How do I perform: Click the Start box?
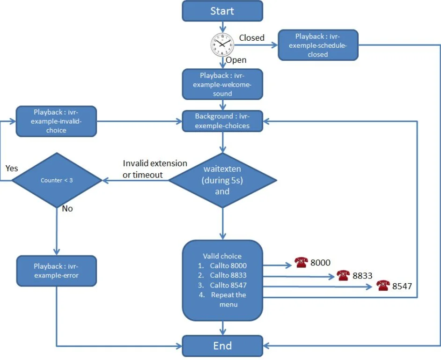pos(222,11)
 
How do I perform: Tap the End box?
pos(222,346)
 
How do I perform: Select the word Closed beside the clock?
pos(252,38)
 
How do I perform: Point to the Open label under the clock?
pos(236,60)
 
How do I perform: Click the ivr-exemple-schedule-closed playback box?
pos(318,45)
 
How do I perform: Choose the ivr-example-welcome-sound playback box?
pos(222,84)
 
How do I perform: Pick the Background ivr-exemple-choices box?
pos(222,121)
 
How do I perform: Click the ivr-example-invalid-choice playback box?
pos(56,121)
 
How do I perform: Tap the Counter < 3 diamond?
pos(57,180)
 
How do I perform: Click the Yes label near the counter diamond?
pos(12,168)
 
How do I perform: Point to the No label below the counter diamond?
pos(67,209)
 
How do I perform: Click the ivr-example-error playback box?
pos(56,271)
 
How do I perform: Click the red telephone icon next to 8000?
pos(301,263)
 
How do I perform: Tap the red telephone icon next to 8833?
pos(343,275)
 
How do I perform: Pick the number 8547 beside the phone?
pos(402,286)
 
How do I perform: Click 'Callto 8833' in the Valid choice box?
pos(228,275)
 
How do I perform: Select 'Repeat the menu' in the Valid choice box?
pos(228,300)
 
